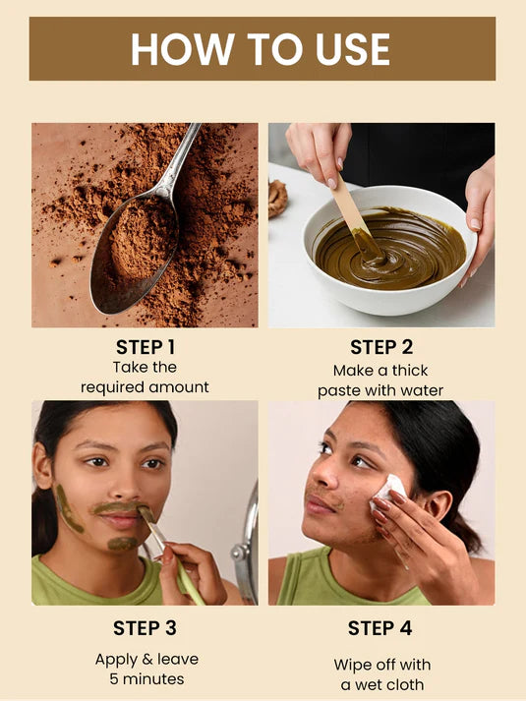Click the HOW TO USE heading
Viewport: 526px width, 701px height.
pyautogui.click(x=262, y=49)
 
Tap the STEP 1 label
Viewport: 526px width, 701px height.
pyautogui.click(x=145, y=347)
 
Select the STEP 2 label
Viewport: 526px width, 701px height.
pyautogui.click(x=380, y=347)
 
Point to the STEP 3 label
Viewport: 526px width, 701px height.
pyautogui.click(x=145, y=628)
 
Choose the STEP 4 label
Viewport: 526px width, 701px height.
pyautogui.click(x=380, y=628)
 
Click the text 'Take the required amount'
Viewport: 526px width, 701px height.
pyautogui.click(x=145, y=378)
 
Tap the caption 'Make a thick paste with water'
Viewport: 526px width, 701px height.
pyautogui.click(x=380, y=380)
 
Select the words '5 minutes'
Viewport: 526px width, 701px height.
pyautogui.click(x=145, y=679)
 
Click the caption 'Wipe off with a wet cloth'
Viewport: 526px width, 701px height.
pyautogui.click(x=380, y=674)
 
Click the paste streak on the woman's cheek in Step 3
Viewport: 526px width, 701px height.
pyautogui.click(x=70, y=510)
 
